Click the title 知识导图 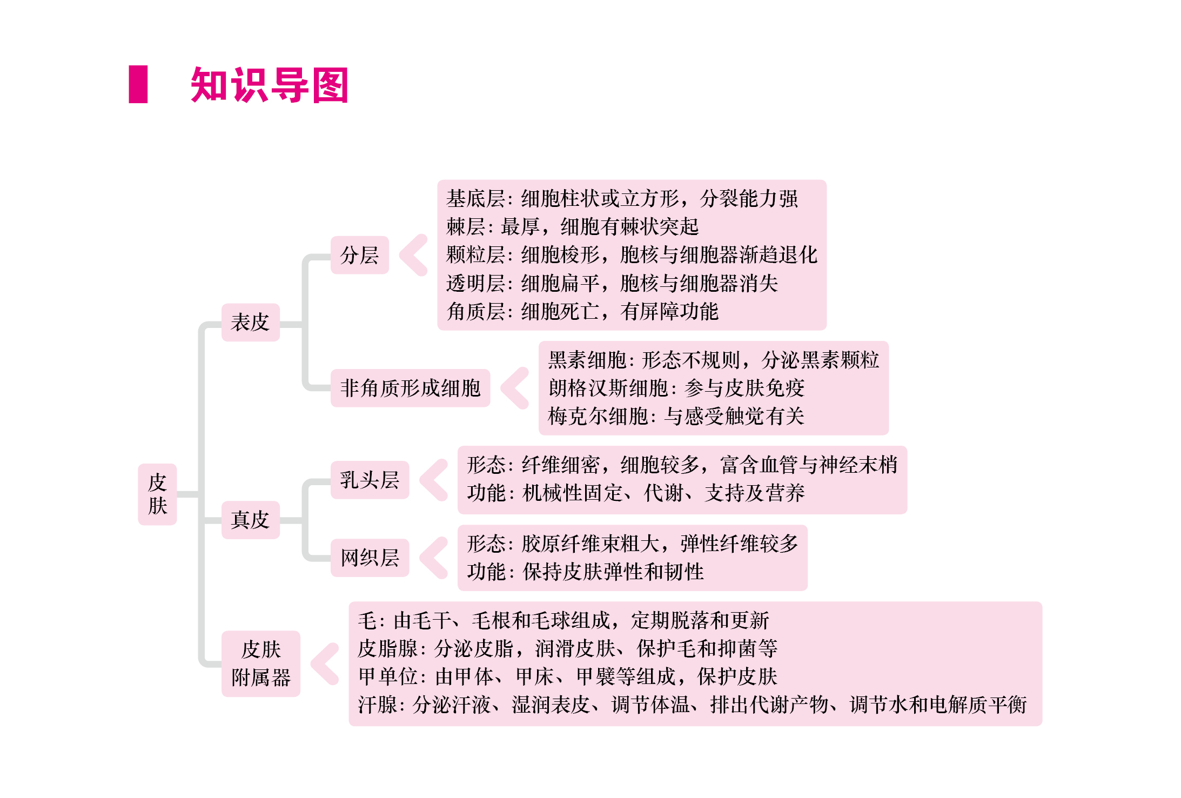coord(270,85)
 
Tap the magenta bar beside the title coord(138,84)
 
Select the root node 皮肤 coord(157,494)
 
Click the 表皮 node coord(250,322)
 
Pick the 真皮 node coord(250,520)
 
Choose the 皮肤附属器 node coord(261,663)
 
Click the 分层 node coord(359,255)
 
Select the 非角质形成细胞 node coord(410,388)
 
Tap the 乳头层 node coord(370,480)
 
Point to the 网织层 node coord(370,558)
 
